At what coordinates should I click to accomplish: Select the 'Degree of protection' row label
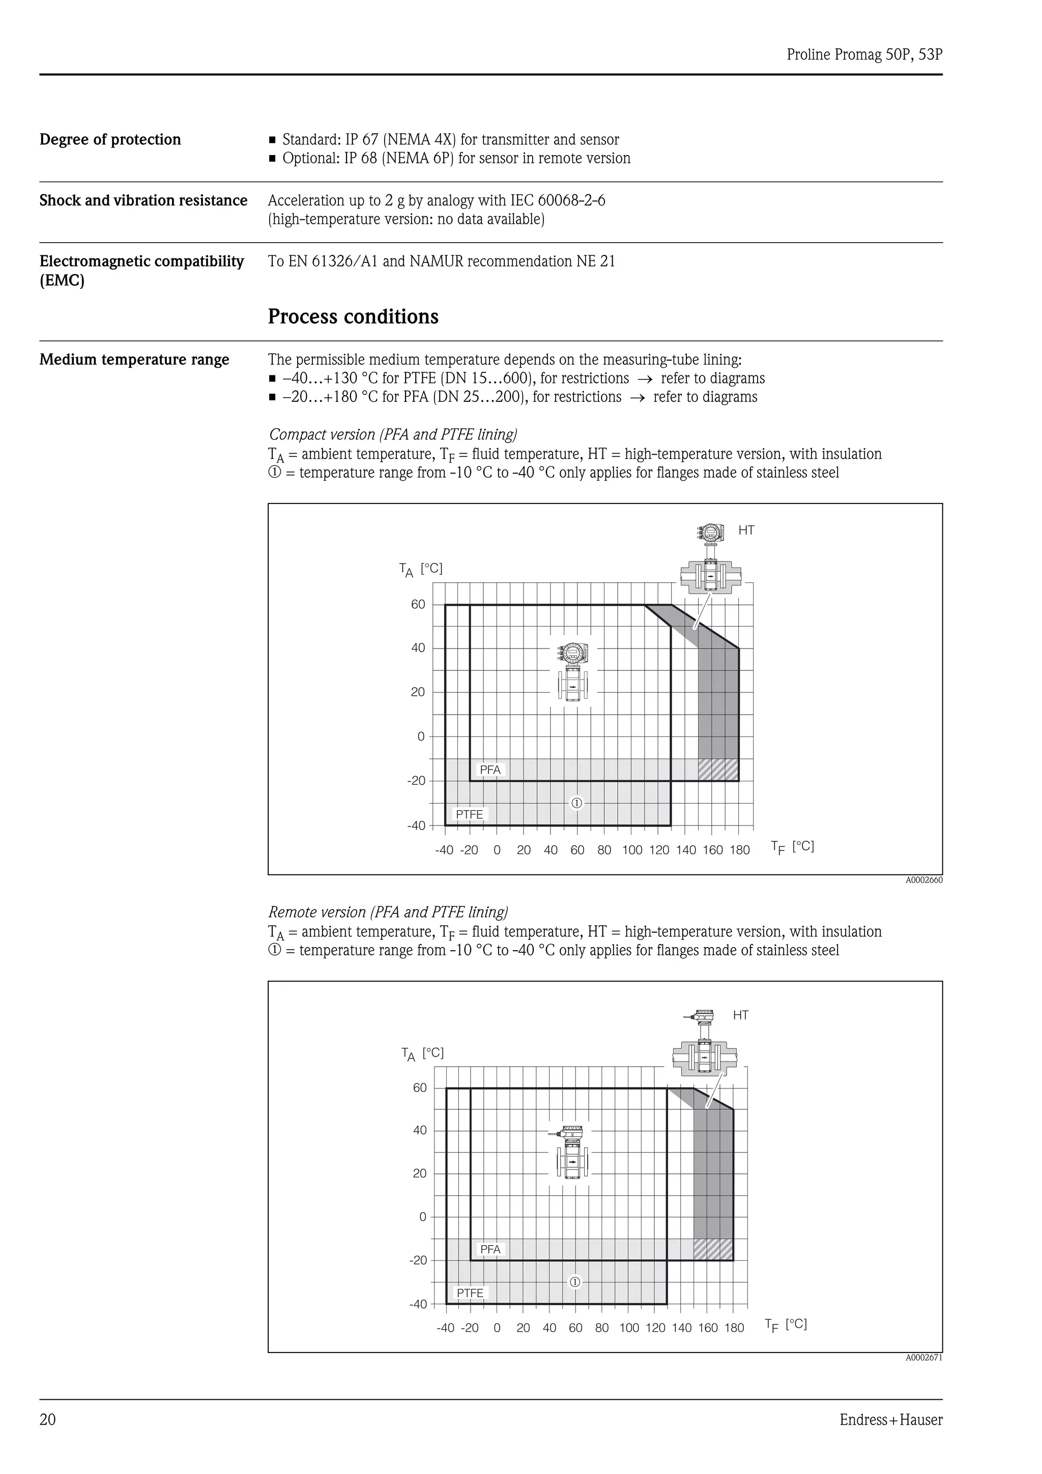[110, 139]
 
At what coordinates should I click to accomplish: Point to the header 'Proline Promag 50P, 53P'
[864, 54]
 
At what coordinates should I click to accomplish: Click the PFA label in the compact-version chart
[490, 770]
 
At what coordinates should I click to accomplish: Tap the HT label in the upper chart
[746, 530]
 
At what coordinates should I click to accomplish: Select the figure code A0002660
[924, 880]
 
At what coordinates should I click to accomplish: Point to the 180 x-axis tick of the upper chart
[740, 850]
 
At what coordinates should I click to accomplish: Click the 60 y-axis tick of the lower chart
[420, 1087]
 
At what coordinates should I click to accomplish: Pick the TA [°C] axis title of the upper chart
[421, 570]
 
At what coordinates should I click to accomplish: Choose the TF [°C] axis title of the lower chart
[786, 1325]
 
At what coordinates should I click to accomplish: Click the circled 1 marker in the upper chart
[576, 803]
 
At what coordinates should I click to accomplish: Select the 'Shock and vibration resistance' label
[143, 200]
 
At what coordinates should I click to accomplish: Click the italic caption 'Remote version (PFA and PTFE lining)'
[388, 912]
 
